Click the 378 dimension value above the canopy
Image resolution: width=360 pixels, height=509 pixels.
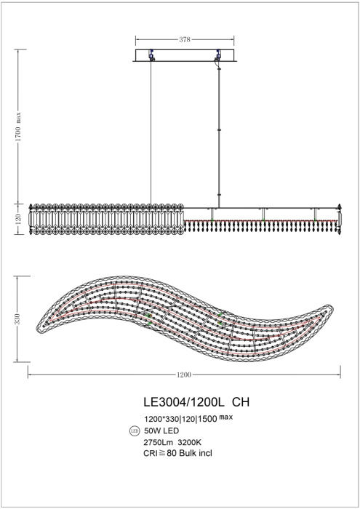coord(184,41)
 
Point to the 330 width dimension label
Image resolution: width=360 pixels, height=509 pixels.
coord(20,318)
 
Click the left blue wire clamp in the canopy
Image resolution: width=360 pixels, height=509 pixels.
coord(151,55)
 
